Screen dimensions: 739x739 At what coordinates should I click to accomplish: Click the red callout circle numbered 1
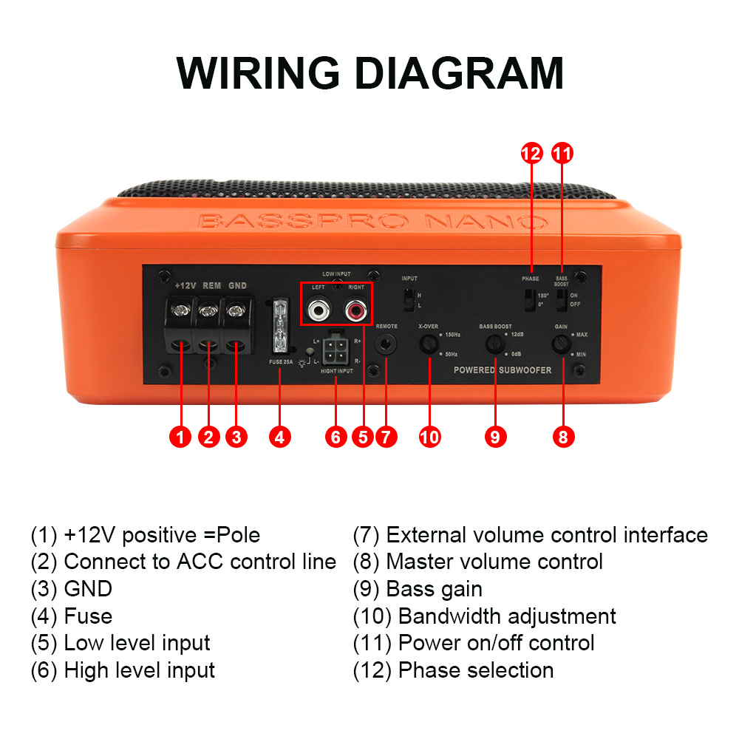pos(180,437)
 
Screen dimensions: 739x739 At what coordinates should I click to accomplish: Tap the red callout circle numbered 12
pos(531,154)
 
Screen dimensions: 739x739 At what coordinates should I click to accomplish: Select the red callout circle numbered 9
pos(496,437)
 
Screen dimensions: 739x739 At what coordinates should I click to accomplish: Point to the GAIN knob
pos(563,344)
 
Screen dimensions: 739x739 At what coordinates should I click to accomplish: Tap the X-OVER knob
pos(428,344)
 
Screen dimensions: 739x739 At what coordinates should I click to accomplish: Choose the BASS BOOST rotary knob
pos(495,344)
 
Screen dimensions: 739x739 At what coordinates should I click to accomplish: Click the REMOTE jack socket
pos(386,344)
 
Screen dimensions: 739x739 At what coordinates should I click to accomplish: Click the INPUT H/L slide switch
pos(408,299)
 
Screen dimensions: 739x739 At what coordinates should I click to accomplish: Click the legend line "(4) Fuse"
pos(72,616)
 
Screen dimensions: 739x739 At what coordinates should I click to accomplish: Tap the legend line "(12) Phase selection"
pos(453,670)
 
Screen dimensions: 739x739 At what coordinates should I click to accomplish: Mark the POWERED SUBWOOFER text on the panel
pos(503,369)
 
